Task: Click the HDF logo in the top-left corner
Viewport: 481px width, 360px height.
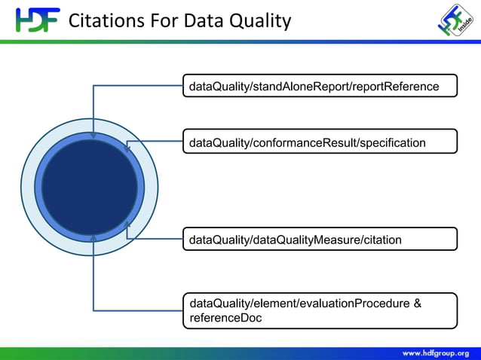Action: [x=37, y=20]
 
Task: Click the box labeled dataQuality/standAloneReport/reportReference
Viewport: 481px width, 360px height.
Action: [x=320, y=87]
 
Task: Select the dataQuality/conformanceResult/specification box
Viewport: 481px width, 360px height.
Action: [x=320, y=142]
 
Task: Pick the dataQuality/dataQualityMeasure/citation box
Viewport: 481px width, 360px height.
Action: [x=320, y=239]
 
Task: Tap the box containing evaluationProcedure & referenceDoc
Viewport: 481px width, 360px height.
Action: [x=320, y=310]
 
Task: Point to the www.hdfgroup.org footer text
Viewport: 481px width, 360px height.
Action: [x=435, y=352]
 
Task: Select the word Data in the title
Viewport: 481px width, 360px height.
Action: [x=200, y=20]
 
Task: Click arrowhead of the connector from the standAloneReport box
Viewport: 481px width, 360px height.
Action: [x=93, y=136]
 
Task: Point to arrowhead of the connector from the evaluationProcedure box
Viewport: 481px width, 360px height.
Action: [x=93, y=238]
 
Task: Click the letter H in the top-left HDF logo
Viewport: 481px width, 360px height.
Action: [x=23, y=20]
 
